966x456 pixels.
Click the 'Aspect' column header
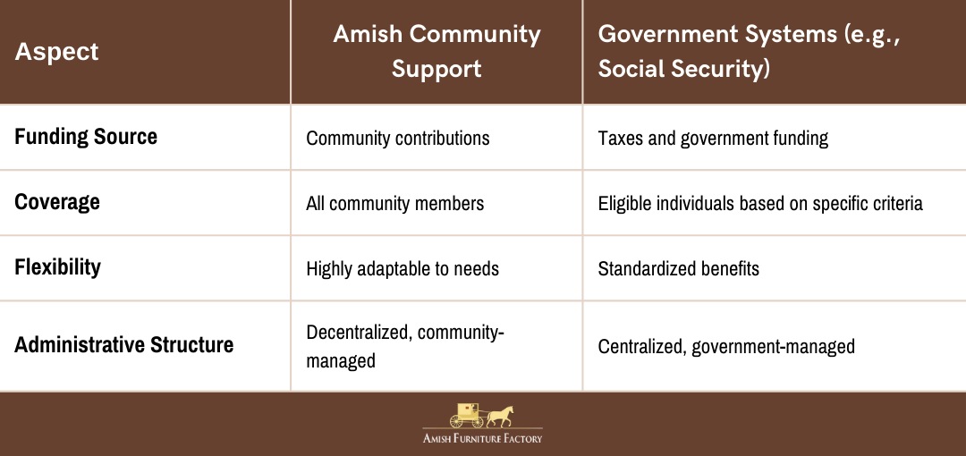[56, 52]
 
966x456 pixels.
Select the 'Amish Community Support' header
[436, 51]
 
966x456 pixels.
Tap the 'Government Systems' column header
[750, 51]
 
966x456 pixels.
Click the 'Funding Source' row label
[86, 137]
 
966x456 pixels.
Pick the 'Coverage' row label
[57, 202]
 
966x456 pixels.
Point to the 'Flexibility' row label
[58, 267]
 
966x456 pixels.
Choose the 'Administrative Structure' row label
[123, 344]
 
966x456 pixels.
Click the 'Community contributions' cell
[398, 138]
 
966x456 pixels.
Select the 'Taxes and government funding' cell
[713, 138]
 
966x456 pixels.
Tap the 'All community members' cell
[395, 203]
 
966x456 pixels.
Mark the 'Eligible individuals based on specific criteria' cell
[760, 203]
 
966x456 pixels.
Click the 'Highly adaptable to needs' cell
[402, 268]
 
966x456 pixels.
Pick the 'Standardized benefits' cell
[678, 268]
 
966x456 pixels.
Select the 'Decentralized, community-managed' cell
[405, 346]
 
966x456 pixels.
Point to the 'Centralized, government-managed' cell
[726, 346]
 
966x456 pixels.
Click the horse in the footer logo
[500, 417]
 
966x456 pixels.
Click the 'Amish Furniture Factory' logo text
[482, 439]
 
